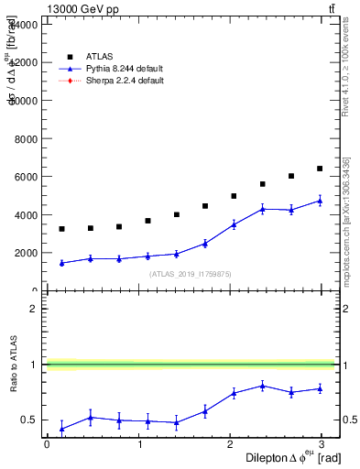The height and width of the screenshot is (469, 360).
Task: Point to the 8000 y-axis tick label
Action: [x=24, y=138]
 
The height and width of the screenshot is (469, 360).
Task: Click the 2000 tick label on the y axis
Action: [x=24, y=253]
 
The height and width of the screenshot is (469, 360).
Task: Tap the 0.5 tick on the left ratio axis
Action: [x=28, y=420]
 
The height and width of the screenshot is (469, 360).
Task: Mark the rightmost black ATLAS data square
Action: [x=320, y=169]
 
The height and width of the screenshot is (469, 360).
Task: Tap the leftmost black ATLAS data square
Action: [x=61, y=229]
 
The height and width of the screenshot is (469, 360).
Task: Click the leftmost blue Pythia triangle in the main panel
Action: [x=61, y=263]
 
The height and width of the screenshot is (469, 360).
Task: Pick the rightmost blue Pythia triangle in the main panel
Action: [x=320, y=201]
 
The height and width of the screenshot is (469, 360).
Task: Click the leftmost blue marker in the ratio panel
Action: [x=61, y=429]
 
